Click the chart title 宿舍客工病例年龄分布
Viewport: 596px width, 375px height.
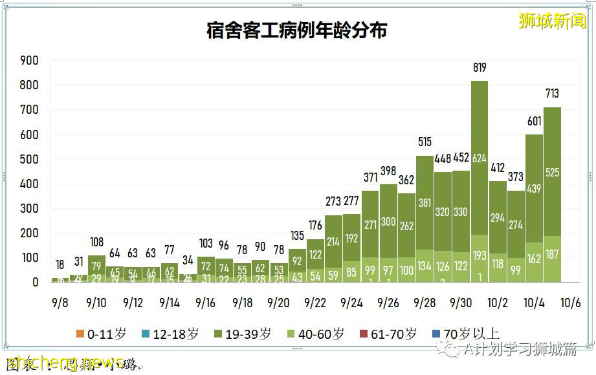click(297, 30)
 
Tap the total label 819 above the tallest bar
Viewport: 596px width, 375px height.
click(480, 67)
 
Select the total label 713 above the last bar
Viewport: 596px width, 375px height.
click(552, 94)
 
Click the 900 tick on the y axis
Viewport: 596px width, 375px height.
click(30, 60)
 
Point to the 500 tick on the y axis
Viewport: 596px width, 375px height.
click(30, 159)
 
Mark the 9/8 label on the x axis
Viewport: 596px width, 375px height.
click(60, 302)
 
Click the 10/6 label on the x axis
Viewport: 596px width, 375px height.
click(569, 302)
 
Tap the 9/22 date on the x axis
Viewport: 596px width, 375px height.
click(315, 302)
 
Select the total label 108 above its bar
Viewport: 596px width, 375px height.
click(96, 242)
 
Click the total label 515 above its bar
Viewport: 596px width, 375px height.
click(425, 142)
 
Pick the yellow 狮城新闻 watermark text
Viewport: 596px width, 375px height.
click(552, 21)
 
